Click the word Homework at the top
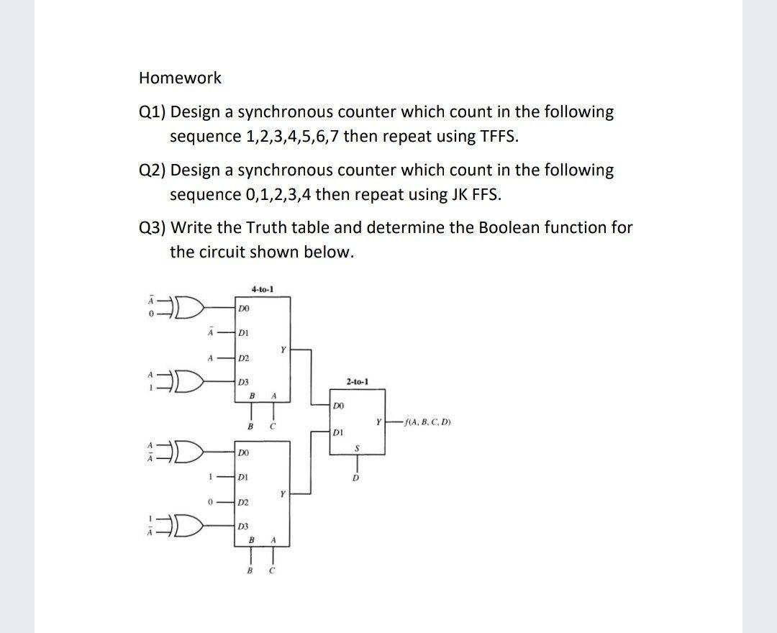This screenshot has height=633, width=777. (180, 78)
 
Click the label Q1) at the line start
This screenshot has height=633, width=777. (152, 112)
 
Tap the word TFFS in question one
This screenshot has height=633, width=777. (496, 137)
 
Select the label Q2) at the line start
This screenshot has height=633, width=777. (152, 170)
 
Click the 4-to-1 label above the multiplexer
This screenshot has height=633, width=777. (262, 289)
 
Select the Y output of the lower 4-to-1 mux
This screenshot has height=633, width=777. (284, 494)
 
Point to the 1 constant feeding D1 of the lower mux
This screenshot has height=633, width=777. (209, 477)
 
